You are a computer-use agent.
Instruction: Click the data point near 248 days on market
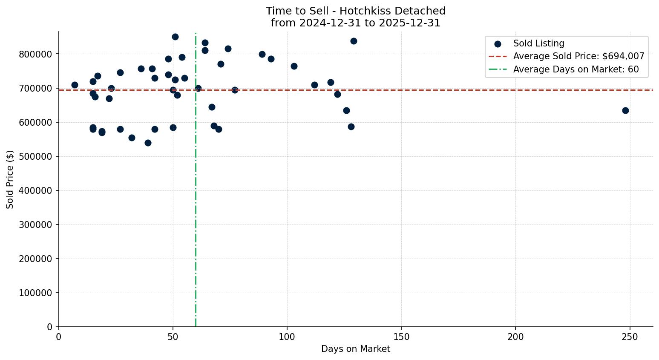pyautogui.click(x=625, y=110)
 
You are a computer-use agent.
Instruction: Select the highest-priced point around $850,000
pyautogui.click(x=175, y=37)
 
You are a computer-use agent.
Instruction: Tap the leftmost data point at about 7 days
pyautogui.click(x=75, y=85)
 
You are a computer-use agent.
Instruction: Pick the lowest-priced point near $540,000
pyautogui.click(x=148, y=143)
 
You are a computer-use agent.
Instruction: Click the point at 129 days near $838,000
pyautogui.click(x=354, y=41)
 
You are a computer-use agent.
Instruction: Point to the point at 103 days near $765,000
pyautogui.click(x=294, y=66)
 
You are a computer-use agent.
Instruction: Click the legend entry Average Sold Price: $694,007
pyautogui.click(x=578, y=56)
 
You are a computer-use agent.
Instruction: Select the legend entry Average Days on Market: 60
pyautogui.click(x=576, y=69)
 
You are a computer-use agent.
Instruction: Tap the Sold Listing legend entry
pyautogui.click(x=538, y=43)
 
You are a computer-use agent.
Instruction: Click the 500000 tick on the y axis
pyautogui.click(x=35, y=156)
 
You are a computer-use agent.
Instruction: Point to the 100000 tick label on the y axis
pyautogui.click(x=35, y=293)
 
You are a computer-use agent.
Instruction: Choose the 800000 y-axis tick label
pyautogui.click(x=35, y=54)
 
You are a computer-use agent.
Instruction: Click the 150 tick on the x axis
pyautogui.click(x=401, y=337)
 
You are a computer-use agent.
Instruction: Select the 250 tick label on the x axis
pyautogui.click(x=630, y=337)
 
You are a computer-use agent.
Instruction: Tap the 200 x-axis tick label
pyautogui.click(x=515, y=337)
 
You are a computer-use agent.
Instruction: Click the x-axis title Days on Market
pyautogui.click(x=356, y=349)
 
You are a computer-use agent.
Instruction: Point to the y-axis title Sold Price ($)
pyautogui.click(x=10, y=179)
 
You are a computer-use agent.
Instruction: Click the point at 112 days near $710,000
pyautogui.click(x=314, y=85)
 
